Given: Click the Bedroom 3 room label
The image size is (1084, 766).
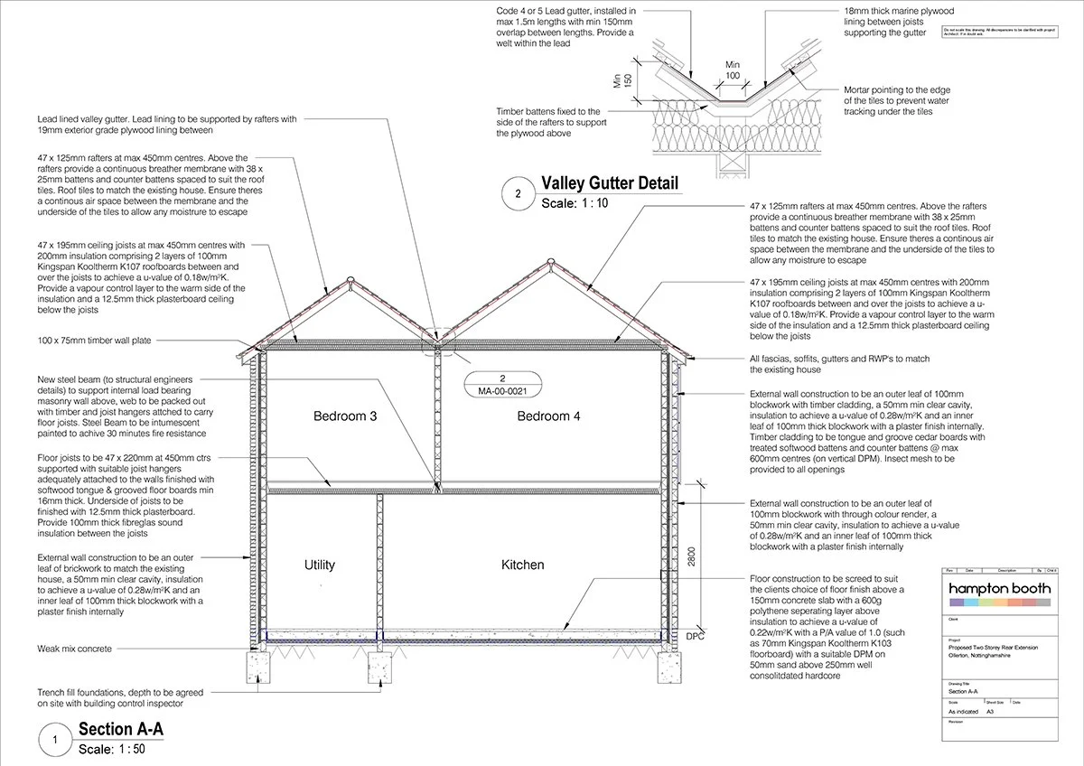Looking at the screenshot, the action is pos(344,416).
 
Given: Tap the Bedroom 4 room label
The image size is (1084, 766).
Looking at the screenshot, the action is pos(548,416).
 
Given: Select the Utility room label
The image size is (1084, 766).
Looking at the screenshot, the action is pos(320,565).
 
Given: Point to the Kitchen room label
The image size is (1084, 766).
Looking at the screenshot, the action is pos(523,565).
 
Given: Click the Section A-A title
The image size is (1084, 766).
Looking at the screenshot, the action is pos(121,729).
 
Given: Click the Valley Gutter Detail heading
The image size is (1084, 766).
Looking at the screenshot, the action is pos(609,183).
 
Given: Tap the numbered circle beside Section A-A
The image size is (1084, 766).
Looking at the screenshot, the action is pos(56,740).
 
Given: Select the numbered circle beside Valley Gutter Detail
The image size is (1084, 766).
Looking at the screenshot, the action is pos(518,193).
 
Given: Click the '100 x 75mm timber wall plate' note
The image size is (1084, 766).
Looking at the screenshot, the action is pos(94,341).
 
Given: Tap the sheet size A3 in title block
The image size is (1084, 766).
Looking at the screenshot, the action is pos(995,711).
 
